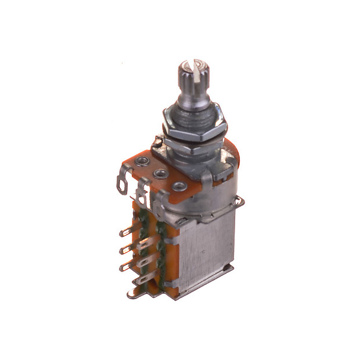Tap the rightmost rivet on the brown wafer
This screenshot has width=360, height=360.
click(x=179, y=187)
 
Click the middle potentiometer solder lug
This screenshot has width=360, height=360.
click(x=142, y=195)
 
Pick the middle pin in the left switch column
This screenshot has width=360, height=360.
click(x=123, y=250)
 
